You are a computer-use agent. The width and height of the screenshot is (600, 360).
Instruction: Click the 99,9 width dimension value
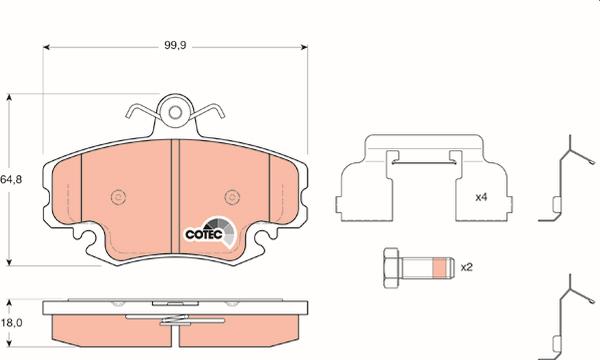tap(175, 45)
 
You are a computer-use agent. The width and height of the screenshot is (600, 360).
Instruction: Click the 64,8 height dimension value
tap(11, 179)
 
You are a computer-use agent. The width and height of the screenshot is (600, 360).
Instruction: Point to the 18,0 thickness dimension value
tap(11, 323)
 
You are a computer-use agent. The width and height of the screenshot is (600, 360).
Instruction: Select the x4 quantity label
tap(481, 197)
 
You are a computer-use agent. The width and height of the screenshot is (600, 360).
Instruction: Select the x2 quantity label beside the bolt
tap(466, 267)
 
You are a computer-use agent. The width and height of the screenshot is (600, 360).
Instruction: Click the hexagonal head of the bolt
tap(392, 268)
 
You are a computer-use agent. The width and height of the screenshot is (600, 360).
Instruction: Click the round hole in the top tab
tap(175, 112)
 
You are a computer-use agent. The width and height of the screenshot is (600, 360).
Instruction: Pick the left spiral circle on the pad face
tap(118, 197)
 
